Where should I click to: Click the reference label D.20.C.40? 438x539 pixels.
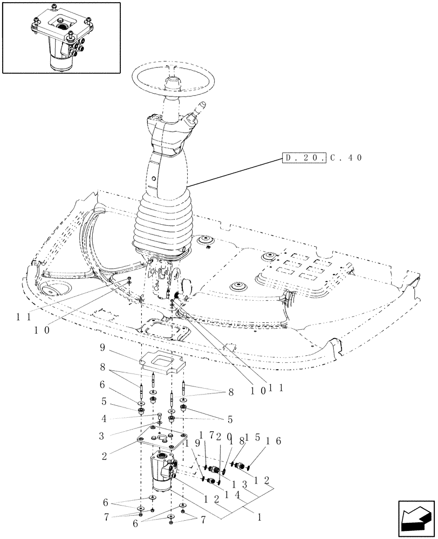pyautogui.click(x=322, y=158)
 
